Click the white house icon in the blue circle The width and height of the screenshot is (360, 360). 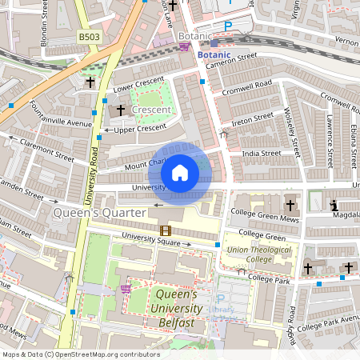point(180,172)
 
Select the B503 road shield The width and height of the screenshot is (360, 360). point(90,38)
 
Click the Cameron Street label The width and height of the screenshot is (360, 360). point(230,62)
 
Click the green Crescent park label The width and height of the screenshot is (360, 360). point(150,109)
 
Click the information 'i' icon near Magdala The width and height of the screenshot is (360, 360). point(334,206)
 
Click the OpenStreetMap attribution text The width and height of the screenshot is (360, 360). point(80,354)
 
